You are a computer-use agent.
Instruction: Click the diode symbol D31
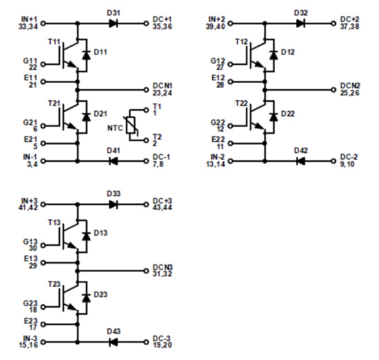point(114,23)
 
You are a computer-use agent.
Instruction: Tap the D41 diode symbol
point(114,161)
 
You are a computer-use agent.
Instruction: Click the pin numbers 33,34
point(28,27)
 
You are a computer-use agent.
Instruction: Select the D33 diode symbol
point(114,204)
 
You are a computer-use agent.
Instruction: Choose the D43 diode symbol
point(114,342)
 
